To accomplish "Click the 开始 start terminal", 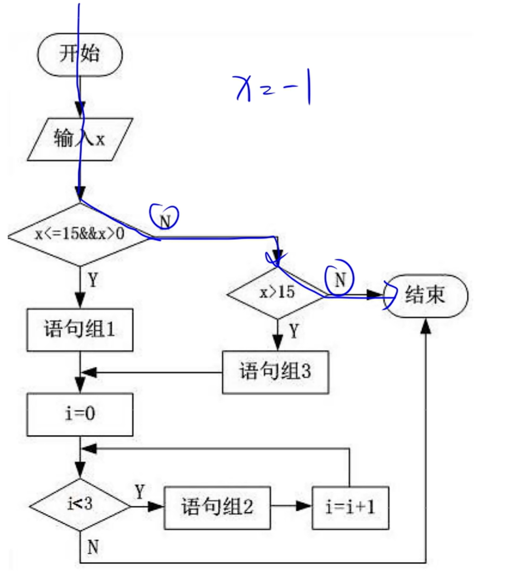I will tap(80, 54).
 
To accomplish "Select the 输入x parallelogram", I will tap(80, 139).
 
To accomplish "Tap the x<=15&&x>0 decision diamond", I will tap(80, 235).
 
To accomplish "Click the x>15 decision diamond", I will tap(278, 293).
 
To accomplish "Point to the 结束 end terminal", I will tap(425, 296).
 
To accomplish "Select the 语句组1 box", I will tap(80, 330).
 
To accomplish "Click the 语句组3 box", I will tap(275, 372).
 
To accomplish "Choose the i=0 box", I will tap(80, 413).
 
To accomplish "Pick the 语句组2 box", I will tap(217, 506).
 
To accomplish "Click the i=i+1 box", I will tap(351, 507).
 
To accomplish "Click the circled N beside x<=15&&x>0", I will tap(165, 218).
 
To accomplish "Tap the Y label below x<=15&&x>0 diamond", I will tap(93, 281).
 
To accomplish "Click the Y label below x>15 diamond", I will tap(294, 331).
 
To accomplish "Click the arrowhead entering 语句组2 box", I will tap(159, 507).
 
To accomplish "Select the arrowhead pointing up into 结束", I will tap(426, 324).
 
